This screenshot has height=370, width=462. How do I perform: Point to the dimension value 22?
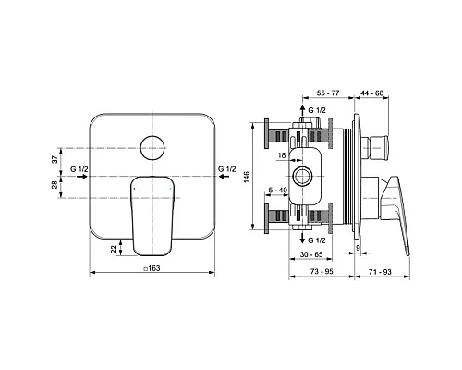click(114, 248)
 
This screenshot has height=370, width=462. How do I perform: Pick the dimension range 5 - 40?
click(275, 191)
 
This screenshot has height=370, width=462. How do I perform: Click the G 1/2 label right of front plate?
click(226, 170)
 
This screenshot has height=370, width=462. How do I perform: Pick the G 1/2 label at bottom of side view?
click(316, 240)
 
